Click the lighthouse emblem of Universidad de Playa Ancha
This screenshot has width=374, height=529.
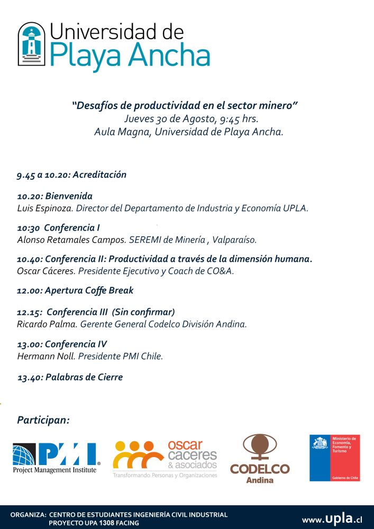pyautogui.click(x=31, y=44)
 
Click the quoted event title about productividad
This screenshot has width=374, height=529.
pyautogui.click(x=185, y=105)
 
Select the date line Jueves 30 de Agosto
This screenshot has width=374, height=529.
pyautogui.click(x=191, y=118)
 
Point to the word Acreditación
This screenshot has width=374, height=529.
pyautogui.click(x=100, y=175)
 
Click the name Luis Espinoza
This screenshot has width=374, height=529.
pyautogui.click(x=44, y=208)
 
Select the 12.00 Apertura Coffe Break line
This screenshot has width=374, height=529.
pyautogui.click(x=75, y=290)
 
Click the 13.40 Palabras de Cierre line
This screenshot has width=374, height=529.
pyautogui.click(x=70, y=377)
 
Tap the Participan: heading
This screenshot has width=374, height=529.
pyautogui.click(x=43, y=420)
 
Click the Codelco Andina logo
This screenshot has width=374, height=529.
pyautogui.click(x=260, y=459)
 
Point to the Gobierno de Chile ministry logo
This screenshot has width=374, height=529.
pyautogui.click(x=334, y=458)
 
